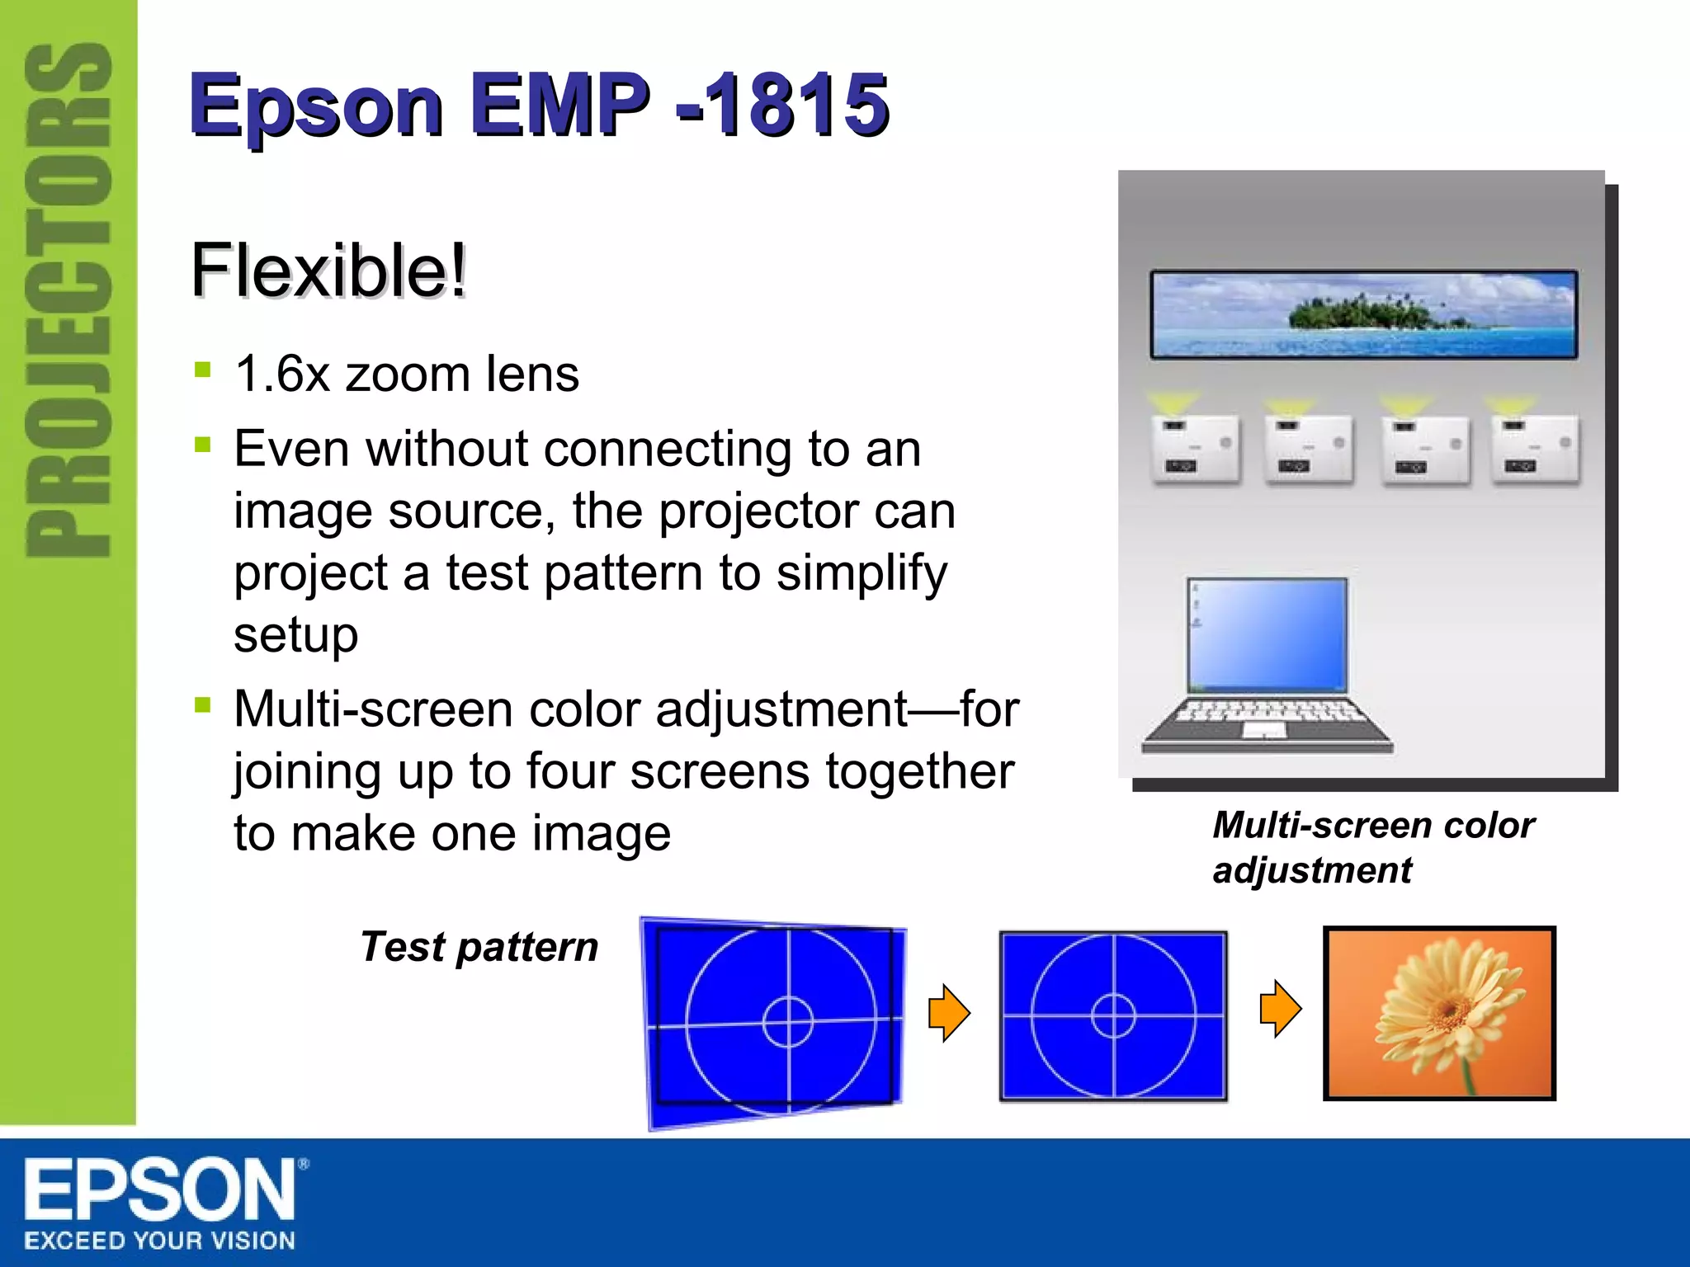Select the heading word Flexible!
328,270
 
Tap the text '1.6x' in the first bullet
281,374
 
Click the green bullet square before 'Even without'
202,445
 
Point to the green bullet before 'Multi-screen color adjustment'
202,705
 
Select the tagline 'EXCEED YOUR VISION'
159,1241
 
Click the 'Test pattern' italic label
479,946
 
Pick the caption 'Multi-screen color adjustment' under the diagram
1372,847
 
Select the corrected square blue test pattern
1113,1015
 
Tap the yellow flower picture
1439,1013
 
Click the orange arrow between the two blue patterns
949,1012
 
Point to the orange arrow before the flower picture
1280,1008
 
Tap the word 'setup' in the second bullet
295,635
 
